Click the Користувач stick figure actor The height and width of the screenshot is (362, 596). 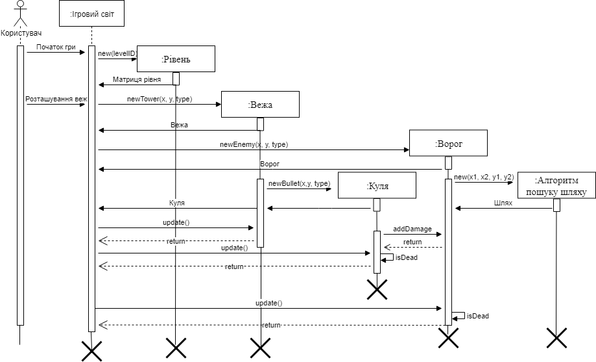click(x=21, y=14)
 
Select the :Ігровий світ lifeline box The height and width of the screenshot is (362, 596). click(x=91, y=14)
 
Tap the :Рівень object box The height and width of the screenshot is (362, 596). click(x=176, y=58)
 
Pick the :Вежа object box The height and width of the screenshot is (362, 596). click(x=260, y=104)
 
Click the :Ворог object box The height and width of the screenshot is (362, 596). click(x=449, y=143)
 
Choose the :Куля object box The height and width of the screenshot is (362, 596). click(x=377, y=185)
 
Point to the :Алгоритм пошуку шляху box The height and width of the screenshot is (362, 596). click(x=556, y=185)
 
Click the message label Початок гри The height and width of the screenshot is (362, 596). click(x=56, y=47)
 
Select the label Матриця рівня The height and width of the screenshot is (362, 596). click(x=137, y=80)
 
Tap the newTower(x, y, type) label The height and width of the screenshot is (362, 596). click(x=160, y=99)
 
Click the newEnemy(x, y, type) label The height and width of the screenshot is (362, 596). click(x=254, y=144)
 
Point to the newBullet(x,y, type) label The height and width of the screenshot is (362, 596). click(x=300, y=184)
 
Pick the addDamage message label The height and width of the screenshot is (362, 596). click(x=412, y=229)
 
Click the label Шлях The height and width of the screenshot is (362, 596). click(x=503, y=203)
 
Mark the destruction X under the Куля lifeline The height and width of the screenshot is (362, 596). click(x=377, y=289)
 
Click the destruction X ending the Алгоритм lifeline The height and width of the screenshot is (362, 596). click(x=556, y=337)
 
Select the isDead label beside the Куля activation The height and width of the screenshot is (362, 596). click(x=407, y=257)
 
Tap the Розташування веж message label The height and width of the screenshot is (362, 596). click(x=56, y=99)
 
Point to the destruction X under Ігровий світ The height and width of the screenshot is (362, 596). click(x=91, y=351)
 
